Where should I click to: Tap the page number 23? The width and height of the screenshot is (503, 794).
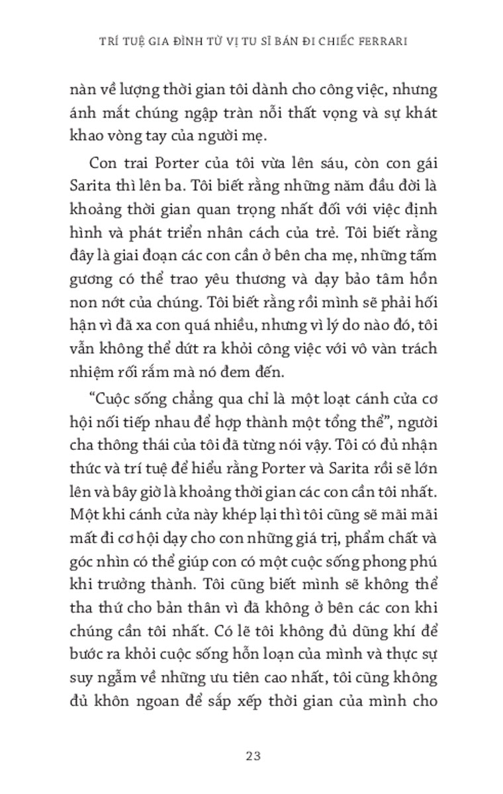tap(252, 756)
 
